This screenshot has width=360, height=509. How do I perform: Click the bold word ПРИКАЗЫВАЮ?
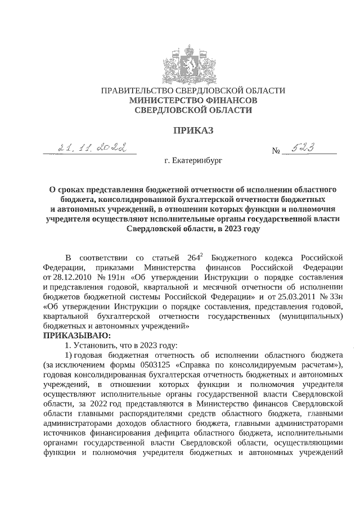click(77, 336)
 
